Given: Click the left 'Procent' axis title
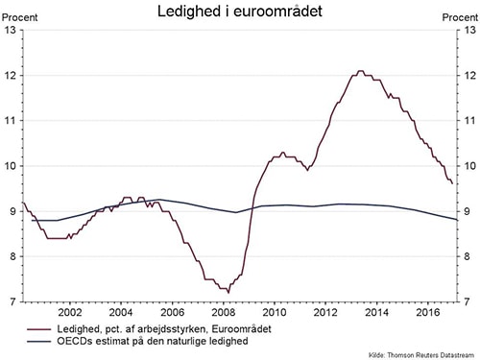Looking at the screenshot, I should coord(19,16).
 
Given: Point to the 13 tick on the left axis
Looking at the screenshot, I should coord(11,30).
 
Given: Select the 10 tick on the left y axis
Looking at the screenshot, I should coord(11,166).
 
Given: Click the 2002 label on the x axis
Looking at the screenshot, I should coord(69,313).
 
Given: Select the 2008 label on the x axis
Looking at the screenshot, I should coord(223,313).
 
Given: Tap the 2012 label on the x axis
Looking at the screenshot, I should coord(325,313).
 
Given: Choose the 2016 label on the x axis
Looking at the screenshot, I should coord(427,313).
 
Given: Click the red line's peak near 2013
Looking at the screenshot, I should coord(359,71).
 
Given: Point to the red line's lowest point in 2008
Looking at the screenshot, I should coord(228,290).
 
